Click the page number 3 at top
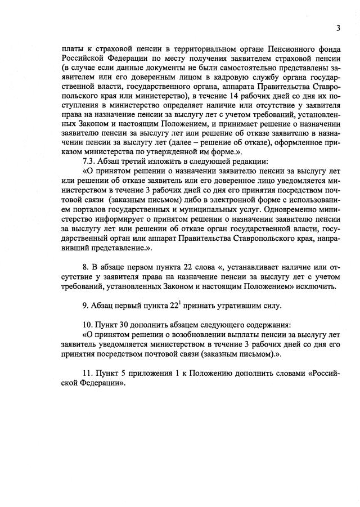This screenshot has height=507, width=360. tap(338, 28)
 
